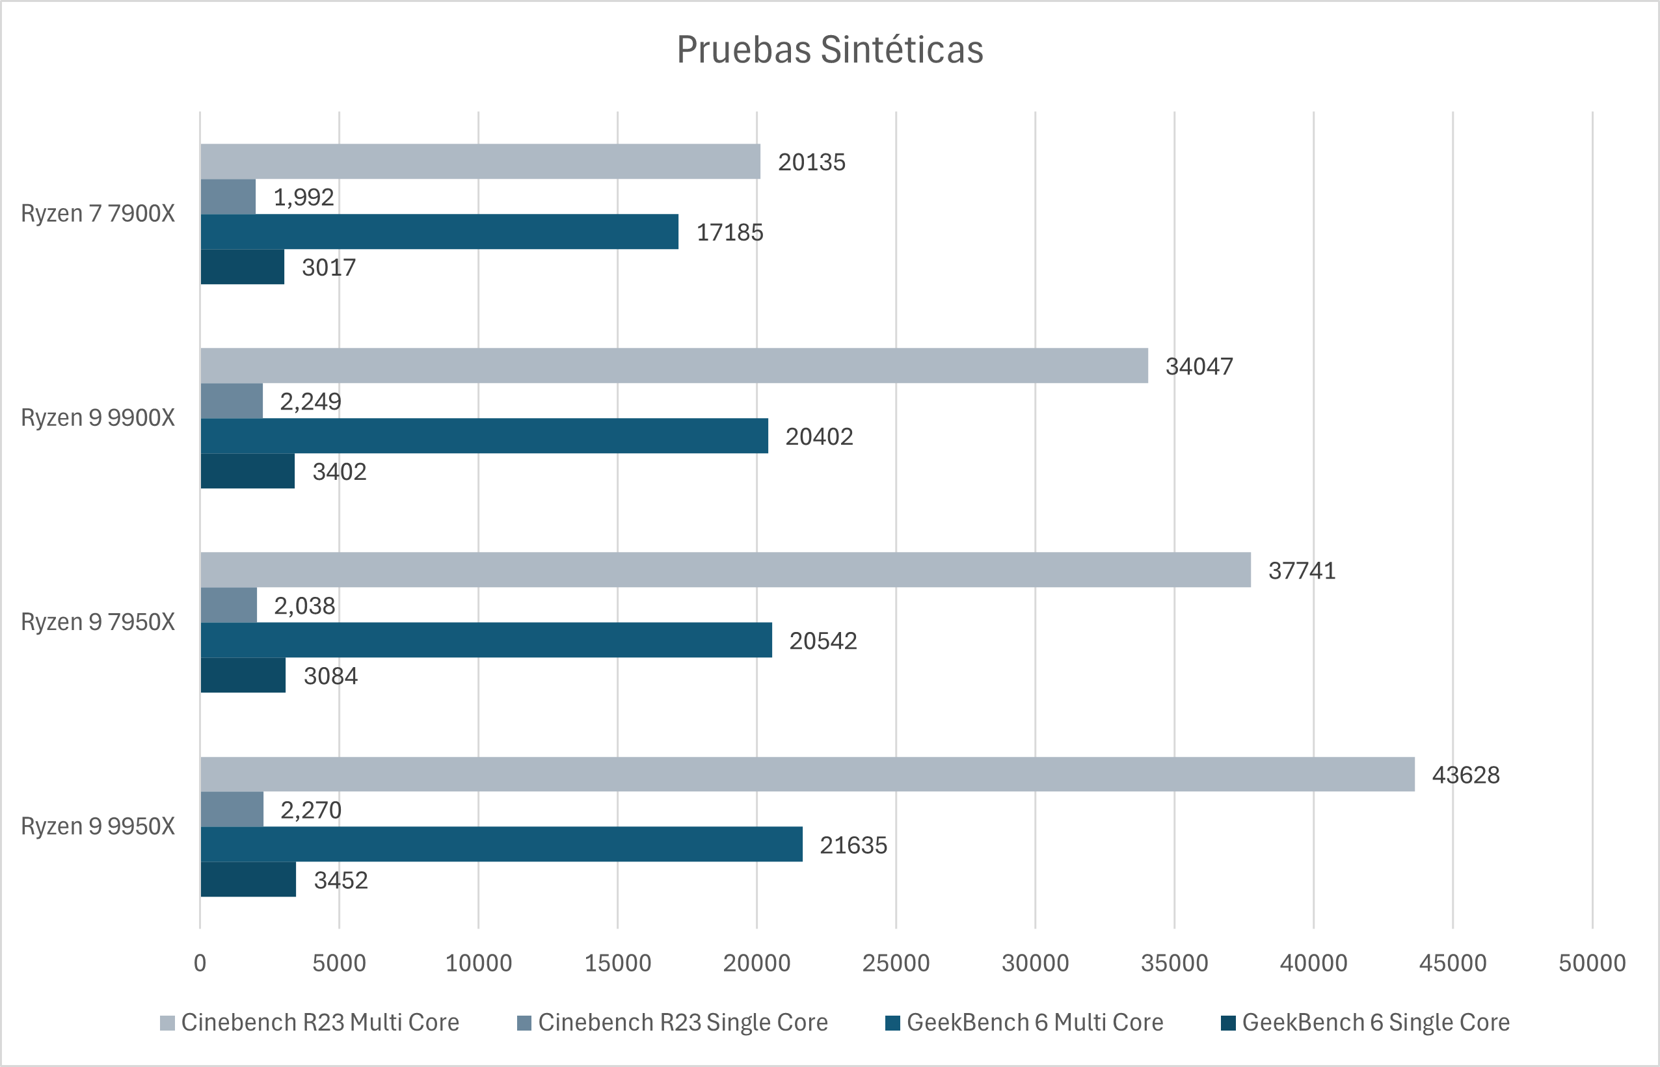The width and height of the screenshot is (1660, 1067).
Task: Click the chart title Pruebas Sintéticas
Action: (x=829, y=50)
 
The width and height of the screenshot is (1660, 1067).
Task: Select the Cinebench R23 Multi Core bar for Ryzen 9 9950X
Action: (x=807, y=774)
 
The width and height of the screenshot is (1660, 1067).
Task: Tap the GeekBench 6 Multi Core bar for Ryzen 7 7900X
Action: (x=440, y=231)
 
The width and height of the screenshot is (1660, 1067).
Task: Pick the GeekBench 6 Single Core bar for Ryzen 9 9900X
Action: (x=247, y=471)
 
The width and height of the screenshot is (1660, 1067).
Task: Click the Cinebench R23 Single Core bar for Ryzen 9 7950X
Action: (x=229, y=605)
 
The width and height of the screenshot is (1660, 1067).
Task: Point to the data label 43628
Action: (x=1466, y=774)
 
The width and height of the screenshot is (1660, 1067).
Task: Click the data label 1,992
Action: (x=304, y=198)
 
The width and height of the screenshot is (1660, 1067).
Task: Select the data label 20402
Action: (x=818, y=436)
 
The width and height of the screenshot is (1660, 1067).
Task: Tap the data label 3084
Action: (x=330, y=676)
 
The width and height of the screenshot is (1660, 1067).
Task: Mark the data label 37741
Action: (x=1302, y=570)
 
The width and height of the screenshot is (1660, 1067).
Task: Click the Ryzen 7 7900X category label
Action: (x=98, y=213)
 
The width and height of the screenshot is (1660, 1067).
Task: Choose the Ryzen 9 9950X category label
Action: (x=98, y=826)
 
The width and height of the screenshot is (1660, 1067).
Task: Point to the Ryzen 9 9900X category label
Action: (x=98, y=418)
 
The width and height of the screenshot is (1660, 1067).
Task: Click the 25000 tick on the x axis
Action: (x=896, y=962)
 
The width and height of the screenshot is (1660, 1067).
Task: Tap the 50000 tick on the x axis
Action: (x=1592, y=962)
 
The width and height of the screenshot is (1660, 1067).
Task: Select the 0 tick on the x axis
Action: (x=200, y=962)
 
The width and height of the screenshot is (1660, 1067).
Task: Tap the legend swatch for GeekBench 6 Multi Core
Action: (x=892, y=1023)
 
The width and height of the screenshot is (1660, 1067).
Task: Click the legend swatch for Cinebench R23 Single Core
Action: (x=524, y=1023)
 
